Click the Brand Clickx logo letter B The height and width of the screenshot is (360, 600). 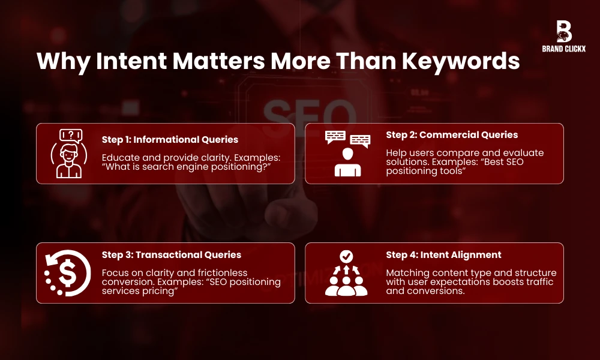pyautogui.click(x=563, y=31)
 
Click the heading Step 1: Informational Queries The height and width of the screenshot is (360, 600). pyautogui.click(x=170, y=139)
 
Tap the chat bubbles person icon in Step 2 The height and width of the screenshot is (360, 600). pyautogui.click(x=347, y=154)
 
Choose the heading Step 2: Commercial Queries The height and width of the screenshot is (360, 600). pyautogui.click(x=452, y=134)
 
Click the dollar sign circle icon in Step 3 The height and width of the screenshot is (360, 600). pyautogui.click(x=67, y=273)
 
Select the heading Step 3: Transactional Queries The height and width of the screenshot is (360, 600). pyautogui.click(x=172, y=254)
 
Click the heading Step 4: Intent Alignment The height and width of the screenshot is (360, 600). pyautogui.click(x=443, y=254)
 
